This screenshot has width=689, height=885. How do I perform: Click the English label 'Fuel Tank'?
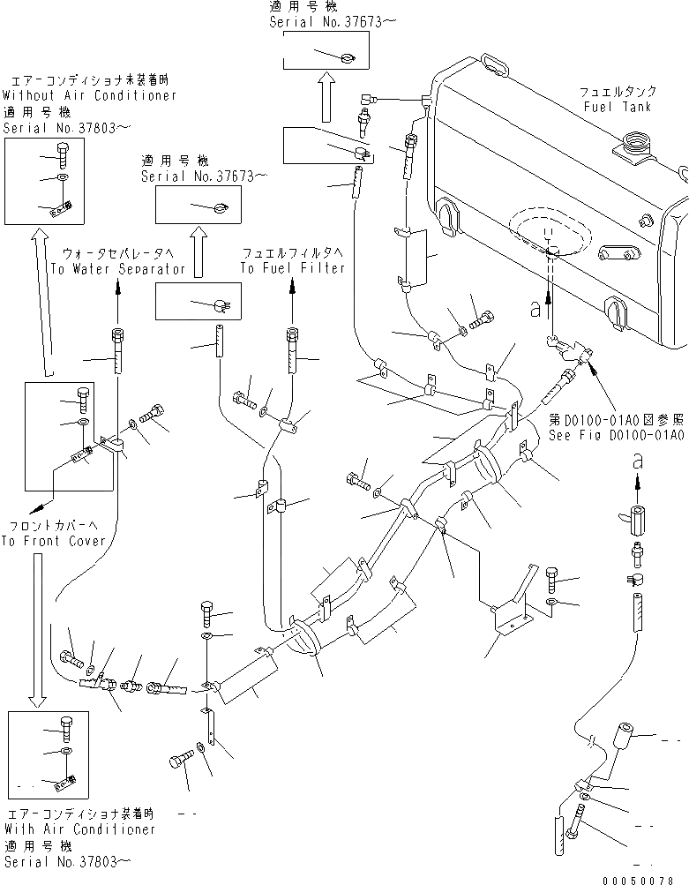[x=617, y=107]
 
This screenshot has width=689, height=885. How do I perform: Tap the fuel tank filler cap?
[x=634, y=141]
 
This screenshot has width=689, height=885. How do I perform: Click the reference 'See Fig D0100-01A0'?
[x=616, y=435]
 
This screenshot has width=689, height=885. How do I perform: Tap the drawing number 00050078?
[x=647, y=880]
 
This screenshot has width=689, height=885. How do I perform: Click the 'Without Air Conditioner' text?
[x=89, y=95]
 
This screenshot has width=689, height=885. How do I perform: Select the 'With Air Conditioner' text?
[x=79, y=829]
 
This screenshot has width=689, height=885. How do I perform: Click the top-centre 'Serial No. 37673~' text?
[x=328, y=21]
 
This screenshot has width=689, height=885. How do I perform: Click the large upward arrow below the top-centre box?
[x=325, y=97]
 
